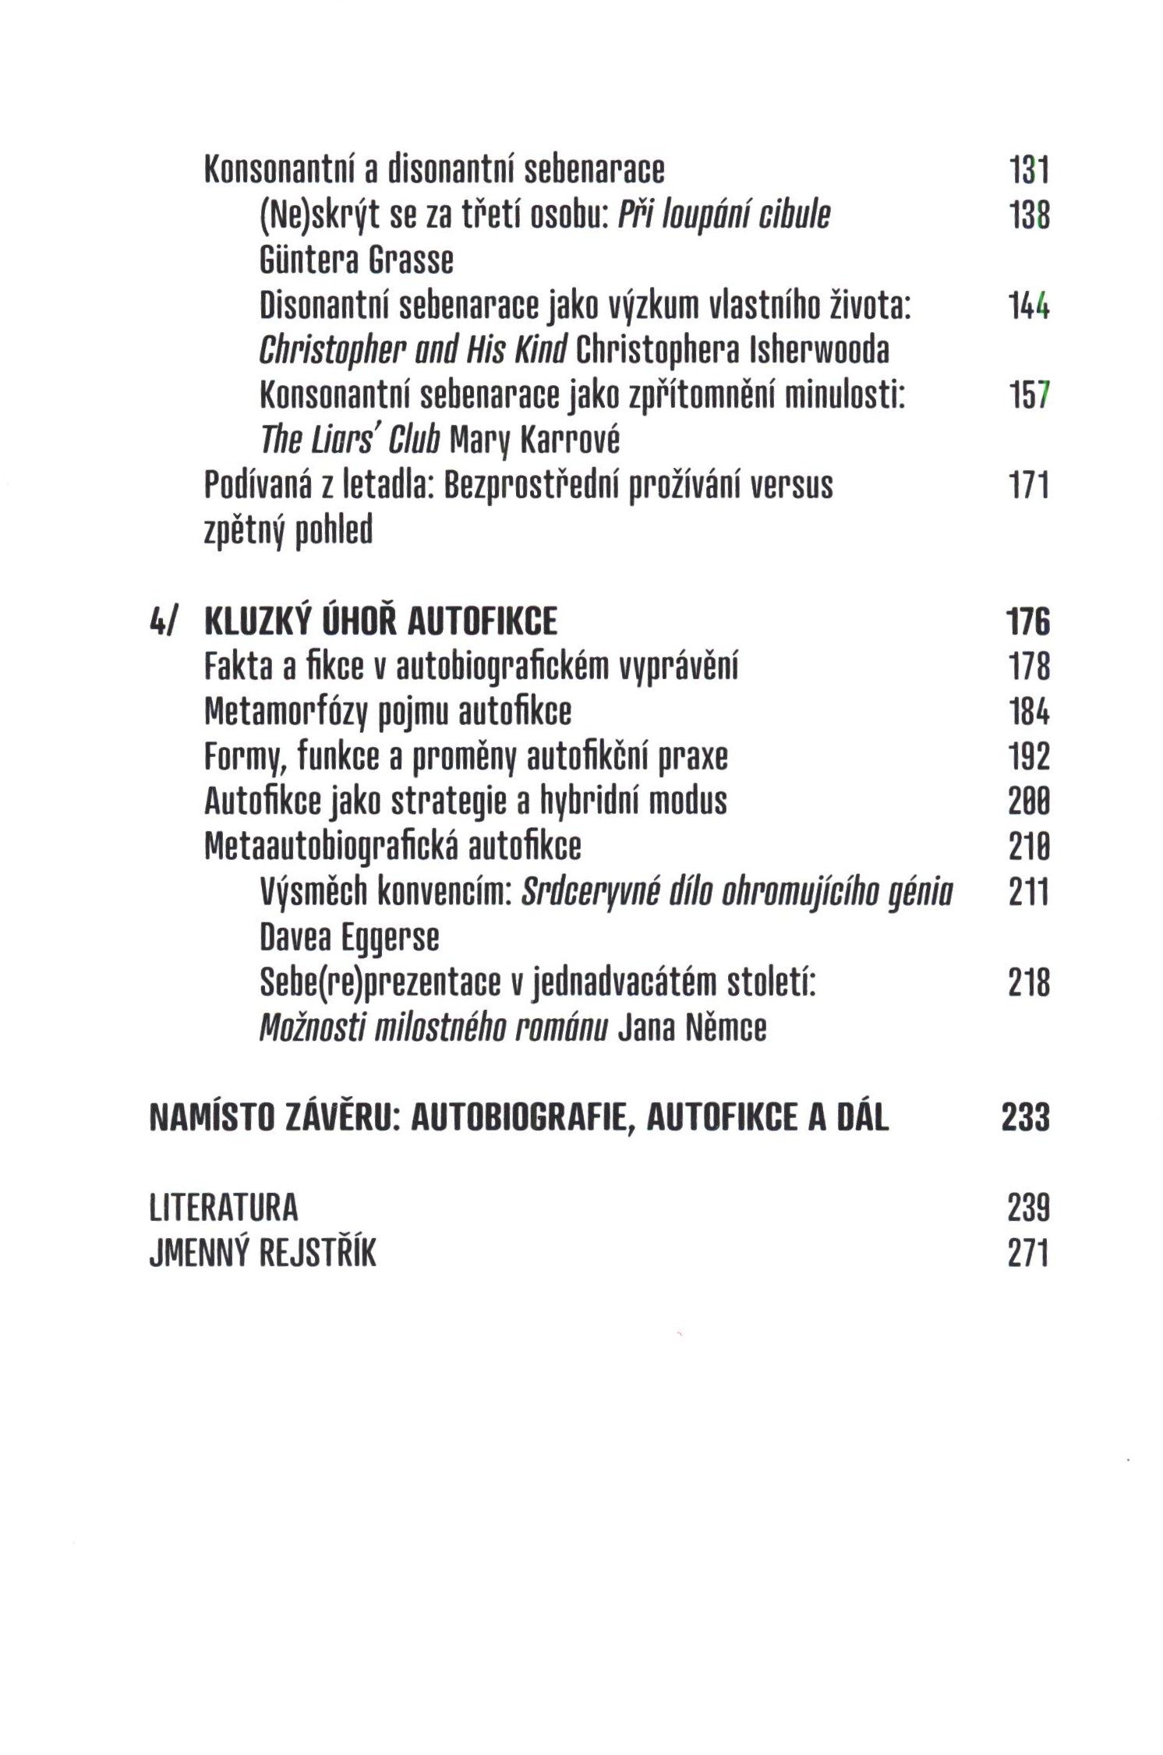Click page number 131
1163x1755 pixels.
1029,170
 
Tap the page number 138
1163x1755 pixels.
1029,215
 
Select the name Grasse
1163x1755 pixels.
410,260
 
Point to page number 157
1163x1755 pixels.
1029,396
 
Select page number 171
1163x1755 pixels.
1029,486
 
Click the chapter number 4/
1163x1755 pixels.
164,622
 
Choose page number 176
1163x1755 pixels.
1029,622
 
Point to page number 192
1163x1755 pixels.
1029,757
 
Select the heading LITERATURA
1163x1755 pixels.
224,1208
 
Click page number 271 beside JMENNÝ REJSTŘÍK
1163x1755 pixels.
1029,1254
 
